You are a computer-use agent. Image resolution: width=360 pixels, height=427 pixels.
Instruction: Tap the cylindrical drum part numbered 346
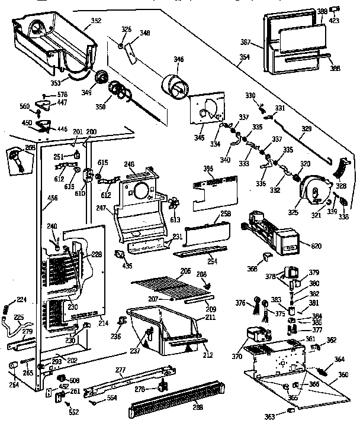[x=176, y=85]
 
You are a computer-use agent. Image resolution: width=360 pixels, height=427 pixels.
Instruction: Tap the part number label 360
[x=343, y=375]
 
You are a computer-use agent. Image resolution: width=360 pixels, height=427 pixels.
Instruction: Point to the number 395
[x=208, y=169]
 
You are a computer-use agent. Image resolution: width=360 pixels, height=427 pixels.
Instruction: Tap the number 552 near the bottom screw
[x=74, y=411]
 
